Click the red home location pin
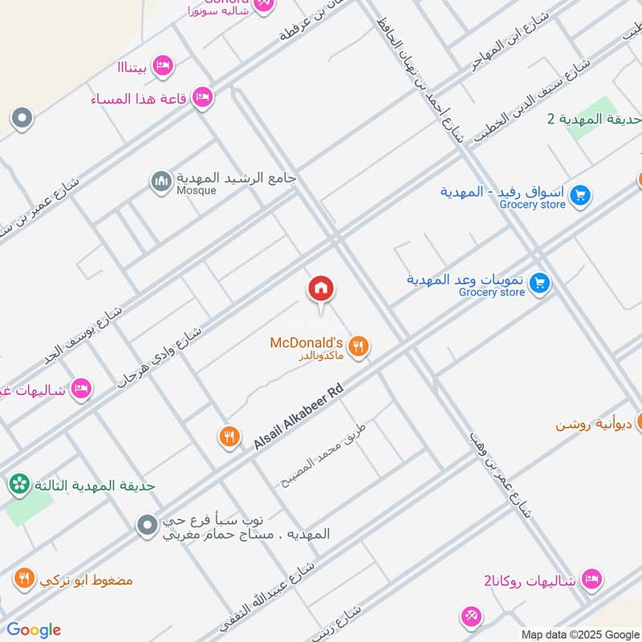tap(321, 289)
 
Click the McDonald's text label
tap(307, 343)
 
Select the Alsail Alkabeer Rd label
tap(299, 416)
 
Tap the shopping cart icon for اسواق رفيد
tap(581, 194)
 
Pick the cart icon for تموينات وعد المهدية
tap(539, 282)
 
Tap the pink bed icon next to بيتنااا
tap(163, 66)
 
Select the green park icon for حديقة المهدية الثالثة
tap(18, 484)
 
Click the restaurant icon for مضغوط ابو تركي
tap(24, 578)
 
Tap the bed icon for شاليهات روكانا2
tap(592, 579)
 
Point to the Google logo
tap(34, 630)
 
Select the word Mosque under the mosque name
tap(197, 191)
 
